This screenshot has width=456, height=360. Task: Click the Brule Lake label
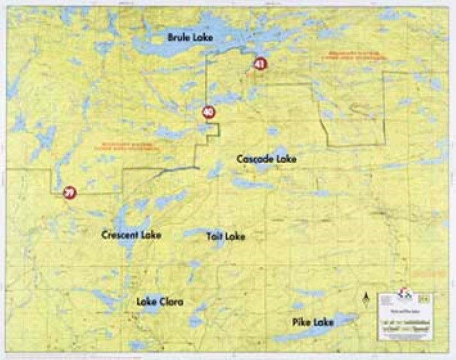click(x=190, y=37)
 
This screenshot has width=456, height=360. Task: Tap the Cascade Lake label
click(x=266, y=159)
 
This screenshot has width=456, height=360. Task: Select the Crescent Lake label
click(x=131, y=235)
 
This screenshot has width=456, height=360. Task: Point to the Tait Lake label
click(x=226, y=236)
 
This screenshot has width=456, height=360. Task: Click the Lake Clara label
click(x=160, y=302)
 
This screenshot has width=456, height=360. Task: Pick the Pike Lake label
click(x=313, y=322)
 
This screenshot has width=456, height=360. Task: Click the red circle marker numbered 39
click(x=69, y=193)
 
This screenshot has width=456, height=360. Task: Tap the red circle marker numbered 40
click(x=208, y=112)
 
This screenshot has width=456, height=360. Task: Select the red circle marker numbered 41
click(x=259, y=64)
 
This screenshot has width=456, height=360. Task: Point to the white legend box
click(x=405, y=316)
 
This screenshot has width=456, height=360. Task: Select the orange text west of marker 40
click(x=127, y=146)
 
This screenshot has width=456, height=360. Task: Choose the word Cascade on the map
click(x=256, y=159)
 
